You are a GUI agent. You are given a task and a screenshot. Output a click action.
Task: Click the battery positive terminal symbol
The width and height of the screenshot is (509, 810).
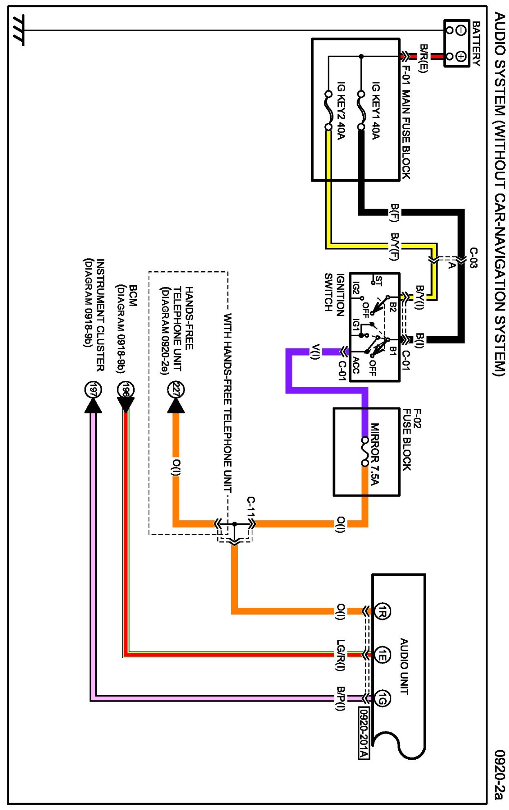click(461, 56)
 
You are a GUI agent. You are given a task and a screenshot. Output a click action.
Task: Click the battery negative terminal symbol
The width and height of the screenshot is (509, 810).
click(461, 30)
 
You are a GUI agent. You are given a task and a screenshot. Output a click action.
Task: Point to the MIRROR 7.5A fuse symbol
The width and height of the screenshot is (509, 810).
click(365, 451)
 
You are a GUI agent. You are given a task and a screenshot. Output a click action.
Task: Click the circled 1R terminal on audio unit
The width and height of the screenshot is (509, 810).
click(382, 611)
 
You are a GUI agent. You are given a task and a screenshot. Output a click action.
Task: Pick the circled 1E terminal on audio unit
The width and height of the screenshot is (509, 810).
click(382, 655)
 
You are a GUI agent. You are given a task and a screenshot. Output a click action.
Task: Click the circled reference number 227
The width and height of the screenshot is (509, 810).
click(176, 390)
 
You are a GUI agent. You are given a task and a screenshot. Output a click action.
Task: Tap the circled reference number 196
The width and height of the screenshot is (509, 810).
click(125, 390)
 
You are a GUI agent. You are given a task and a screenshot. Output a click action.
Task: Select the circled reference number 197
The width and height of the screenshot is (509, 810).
click(93, 390)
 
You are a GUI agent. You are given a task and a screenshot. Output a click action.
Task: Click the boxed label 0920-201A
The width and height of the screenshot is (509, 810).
click(364, 733)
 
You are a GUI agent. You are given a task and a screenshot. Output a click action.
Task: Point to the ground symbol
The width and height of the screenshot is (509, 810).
click(18, 30)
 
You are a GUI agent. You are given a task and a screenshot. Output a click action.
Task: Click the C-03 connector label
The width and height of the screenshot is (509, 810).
click(473, 258)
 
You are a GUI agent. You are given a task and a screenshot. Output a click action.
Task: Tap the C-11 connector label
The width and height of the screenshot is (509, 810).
click(251, 508)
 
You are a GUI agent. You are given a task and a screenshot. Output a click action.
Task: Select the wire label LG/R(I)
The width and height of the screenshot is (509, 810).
click(340, 655)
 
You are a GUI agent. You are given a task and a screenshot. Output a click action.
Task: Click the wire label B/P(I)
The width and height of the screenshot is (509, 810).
click(340, 699)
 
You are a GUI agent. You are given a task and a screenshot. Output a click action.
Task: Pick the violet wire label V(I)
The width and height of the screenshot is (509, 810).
click(315, 352)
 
